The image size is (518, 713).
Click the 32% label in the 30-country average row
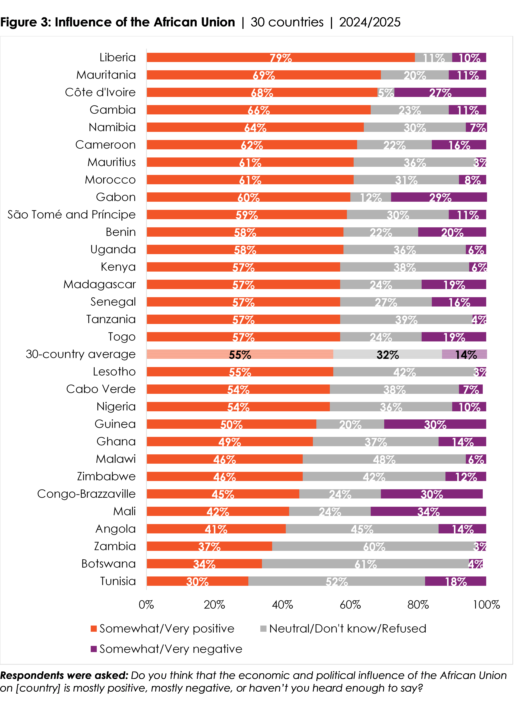387,355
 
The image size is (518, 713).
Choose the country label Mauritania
106,75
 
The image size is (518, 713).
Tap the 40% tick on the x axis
282,605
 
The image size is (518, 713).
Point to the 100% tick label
486,605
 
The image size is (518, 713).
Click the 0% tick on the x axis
146,605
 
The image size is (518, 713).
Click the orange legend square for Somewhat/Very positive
93,629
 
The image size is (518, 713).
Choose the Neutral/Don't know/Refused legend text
347,629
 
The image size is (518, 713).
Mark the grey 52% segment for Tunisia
336,581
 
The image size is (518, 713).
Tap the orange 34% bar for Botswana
204,564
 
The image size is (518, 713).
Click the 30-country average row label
81,354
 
